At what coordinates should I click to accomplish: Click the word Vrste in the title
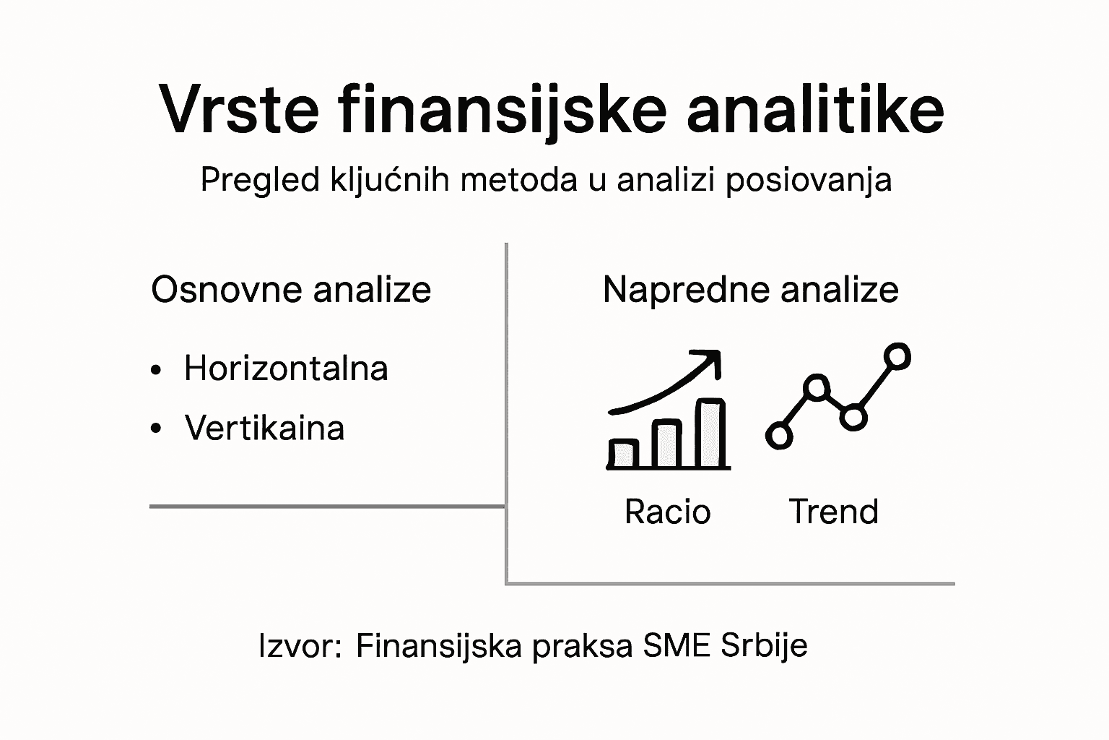239,110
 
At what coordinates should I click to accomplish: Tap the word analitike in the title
815,110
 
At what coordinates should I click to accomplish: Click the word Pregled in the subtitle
260,179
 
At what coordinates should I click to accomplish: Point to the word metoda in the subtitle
518,179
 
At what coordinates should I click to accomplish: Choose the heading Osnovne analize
291,290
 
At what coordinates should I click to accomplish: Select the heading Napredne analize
750,290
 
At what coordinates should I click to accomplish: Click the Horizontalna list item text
286,369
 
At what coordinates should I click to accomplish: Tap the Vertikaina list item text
264,428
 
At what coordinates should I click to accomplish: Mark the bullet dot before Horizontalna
156,370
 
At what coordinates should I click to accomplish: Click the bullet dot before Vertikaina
156,429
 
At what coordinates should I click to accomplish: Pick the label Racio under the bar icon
668,512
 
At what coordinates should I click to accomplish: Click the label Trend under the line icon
834,512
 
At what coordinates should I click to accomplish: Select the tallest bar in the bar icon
711,434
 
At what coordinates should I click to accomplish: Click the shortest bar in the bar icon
622,453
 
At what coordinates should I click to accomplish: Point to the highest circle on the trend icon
897,356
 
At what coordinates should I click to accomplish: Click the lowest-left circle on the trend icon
779,436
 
